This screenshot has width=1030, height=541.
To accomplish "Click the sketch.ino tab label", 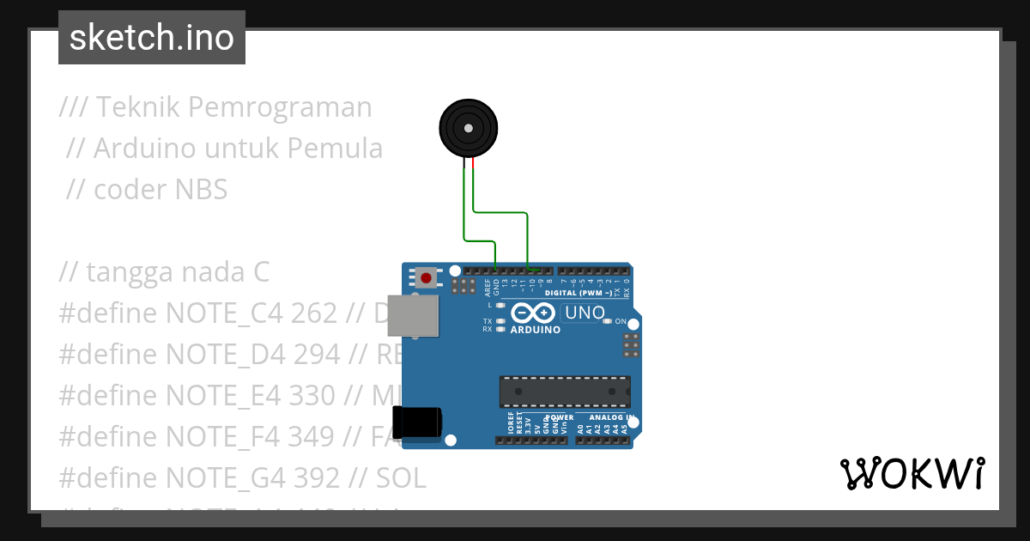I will tap(152, 38).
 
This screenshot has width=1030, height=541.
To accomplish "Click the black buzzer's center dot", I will tap(469, 128).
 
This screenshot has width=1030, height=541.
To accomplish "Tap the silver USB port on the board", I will tap(418, 315).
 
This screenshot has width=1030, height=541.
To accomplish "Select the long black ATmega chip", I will tap(565, 391).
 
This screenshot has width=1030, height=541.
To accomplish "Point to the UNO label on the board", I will tap(585, 313).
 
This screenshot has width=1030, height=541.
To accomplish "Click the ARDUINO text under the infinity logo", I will tap(536, 330).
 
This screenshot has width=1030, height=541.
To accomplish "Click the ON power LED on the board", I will tap(607, 321).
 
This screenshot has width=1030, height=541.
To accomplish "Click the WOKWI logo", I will tap(912, 473).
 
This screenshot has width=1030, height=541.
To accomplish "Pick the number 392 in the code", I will tap(316, 477).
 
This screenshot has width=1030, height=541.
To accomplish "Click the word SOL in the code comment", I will tap(399, 477).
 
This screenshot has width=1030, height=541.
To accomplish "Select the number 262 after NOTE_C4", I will tap(314, 313).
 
